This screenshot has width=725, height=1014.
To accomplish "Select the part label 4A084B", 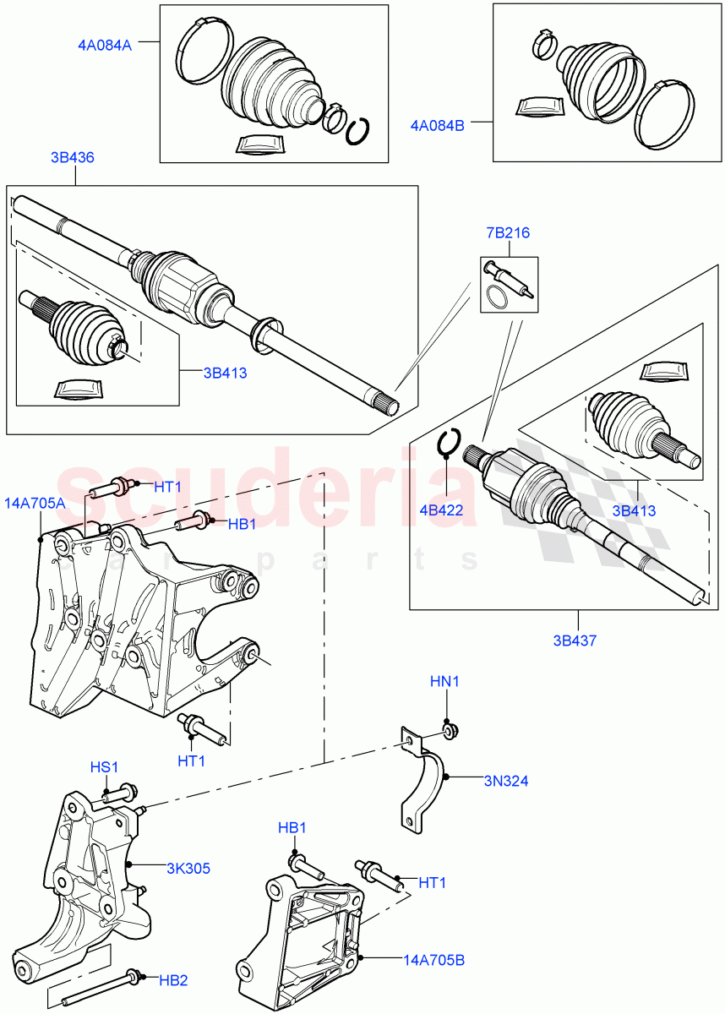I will (437, 125).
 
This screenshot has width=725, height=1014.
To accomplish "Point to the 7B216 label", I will (507, 233).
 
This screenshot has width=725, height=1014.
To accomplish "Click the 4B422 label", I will (446, 509).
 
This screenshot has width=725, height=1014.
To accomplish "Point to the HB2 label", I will (173, 980).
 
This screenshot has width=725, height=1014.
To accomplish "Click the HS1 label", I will (105, 766).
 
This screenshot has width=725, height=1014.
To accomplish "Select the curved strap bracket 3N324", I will (422, 782).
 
